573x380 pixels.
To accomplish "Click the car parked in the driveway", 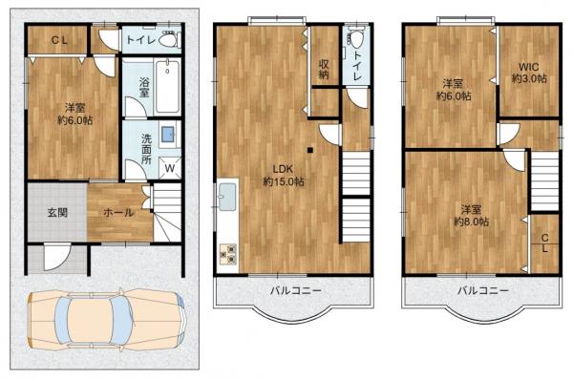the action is [107, 320].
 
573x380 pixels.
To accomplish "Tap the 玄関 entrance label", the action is [57, 212].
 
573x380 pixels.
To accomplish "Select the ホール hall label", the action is [119, 212].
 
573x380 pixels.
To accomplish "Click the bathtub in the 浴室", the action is [167, 87].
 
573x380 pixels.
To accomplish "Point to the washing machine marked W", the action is [170, 168].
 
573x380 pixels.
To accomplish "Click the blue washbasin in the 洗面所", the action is [168, 134].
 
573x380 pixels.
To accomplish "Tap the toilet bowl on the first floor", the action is [169, 39].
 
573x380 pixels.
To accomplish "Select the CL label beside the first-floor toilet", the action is [59, 40].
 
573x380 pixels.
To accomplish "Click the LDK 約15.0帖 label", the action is [284, 175].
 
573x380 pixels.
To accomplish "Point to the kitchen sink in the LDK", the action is [227, 197].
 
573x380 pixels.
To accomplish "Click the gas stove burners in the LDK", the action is [227, 254].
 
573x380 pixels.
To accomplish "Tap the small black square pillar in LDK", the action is [309, 150].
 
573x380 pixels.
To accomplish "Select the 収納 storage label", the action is [324, 69].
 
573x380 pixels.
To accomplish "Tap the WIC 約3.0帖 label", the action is [529, 73].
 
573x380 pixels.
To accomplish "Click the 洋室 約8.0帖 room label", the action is [471, 216].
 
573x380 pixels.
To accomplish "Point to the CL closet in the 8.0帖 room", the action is [544, 243].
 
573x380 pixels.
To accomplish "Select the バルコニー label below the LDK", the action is [296, 291].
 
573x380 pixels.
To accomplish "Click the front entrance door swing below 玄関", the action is [55, 258].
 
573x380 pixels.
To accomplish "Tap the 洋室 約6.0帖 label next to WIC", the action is [453, 90].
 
